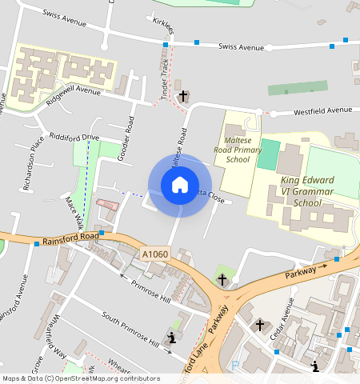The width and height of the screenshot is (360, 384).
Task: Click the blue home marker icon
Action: click(180, 185)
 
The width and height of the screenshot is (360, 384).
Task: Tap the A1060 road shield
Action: click(155, 254)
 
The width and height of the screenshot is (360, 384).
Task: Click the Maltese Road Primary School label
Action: click(238, 148)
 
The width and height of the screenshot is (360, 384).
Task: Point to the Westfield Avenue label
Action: click(322, 110)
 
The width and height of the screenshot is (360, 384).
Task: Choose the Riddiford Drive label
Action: click(74, 138)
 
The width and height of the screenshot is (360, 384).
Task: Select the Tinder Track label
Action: click(166, 80)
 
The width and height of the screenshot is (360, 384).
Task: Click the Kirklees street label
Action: click(162, 26)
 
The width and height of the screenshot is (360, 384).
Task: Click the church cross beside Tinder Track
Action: click(183, 96)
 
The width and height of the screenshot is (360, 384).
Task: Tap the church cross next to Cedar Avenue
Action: click(259, 326)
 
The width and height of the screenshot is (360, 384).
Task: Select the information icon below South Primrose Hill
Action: click(171, 338)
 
